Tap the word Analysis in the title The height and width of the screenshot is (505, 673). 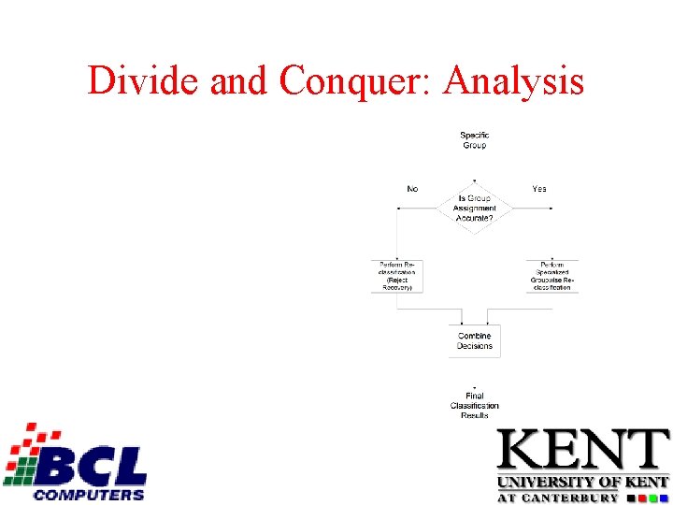[x=514, y=81]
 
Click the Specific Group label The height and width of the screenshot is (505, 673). [x=474, y=140]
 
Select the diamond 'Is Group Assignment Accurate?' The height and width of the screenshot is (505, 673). [x=474, y=208]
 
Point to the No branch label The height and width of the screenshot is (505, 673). [x=412, y=189]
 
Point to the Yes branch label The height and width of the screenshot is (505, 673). [x=539, y=189]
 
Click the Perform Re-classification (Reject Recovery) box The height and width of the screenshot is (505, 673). [x=397, y=276]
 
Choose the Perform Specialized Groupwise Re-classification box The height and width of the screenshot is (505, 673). [x=551, y=276]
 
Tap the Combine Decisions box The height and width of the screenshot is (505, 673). [x=474, y=341]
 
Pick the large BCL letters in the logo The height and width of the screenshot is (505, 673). [x=98, y=466]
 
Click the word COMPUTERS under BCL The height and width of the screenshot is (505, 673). [x=89, y=494]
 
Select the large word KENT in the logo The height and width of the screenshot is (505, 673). [x=582, y=451]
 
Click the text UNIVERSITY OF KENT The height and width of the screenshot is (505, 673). [x=582, y=483]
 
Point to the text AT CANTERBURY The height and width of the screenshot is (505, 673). [x=557, y=498]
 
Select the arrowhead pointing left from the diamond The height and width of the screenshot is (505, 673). [x=400, y=208]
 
